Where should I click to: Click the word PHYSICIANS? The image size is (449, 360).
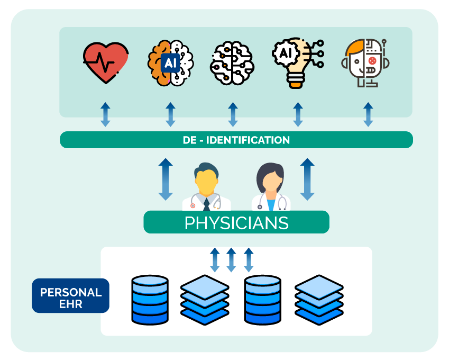coord(236,223)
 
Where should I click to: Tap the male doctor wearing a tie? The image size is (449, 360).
coord(206,188)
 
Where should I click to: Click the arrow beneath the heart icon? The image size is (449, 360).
coord(106,115)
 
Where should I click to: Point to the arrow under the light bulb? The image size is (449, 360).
coord(298,115)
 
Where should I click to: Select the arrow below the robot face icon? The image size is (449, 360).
coord(368,115)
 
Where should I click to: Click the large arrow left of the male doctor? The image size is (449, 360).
coord(166,179)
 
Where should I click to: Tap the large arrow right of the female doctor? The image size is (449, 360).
coord(307,179)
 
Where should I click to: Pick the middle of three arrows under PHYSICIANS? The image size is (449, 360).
coord(231,259)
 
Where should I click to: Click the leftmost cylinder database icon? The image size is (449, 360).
coord(150,300)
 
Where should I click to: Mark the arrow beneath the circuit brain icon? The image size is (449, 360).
coord(233,115)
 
